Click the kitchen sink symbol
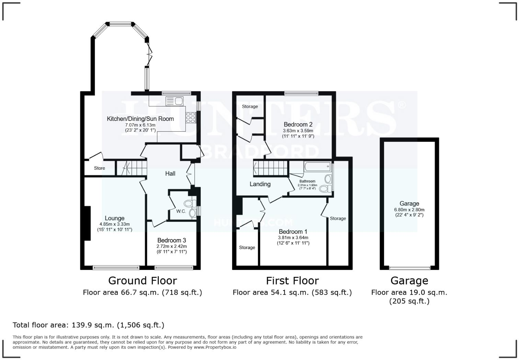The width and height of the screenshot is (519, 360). click(175, 101)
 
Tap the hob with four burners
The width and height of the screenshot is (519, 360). click(191, 117)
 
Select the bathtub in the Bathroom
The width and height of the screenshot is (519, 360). click(317, 167)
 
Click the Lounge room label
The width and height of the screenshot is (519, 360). click(114, 218)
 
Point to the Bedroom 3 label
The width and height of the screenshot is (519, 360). click(172, 240)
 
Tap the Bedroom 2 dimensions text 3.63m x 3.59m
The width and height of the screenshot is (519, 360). click(298, 131)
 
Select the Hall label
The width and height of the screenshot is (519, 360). click(170, 173)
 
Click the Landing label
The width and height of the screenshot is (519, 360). click(260, 184)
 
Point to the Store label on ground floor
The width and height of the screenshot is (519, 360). click(100, 168)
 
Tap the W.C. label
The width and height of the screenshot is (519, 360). click(181, 211)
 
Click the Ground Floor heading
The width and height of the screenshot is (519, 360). click(142, 281)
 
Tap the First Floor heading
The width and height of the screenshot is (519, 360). click(292, 281)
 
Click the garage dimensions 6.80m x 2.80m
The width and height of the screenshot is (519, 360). click(409, 210)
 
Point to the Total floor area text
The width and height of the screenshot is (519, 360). click(89, 325)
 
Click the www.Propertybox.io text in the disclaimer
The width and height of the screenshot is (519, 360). click(215, 347)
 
